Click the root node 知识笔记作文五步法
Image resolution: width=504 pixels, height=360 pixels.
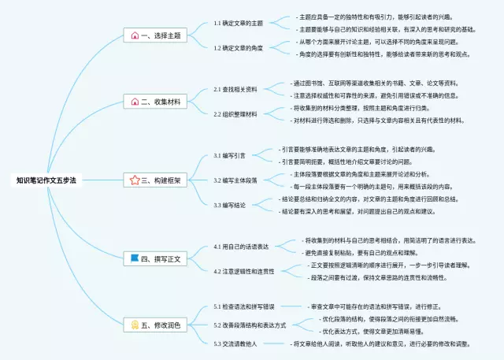point(46,180)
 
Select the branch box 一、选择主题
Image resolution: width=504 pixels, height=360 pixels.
point(157,36)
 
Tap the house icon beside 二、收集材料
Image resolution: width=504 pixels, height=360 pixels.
point(135,102)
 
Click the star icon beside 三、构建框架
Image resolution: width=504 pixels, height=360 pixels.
point(135,180)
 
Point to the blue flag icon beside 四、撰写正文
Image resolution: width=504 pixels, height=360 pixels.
point(135,258)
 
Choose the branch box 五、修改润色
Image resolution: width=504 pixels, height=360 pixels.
point(157,324)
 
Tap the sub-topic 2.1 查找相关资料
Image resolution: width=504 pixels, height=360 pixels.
point(235,90)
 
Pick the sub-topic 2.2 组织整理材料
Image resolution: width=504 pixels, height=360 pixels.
point(235,114)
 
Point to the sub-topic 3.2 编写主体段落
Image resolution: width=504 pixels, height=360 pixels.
point(235,180)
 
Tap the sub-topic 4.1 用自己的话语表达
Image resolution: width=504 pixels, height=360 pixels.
point(242,247)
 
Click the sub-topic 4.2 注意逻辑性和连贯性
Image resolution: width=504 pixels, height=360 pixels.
point(244,271)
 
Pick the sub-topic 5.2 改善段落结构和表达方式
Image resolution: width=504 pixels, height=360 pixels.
point(250,325)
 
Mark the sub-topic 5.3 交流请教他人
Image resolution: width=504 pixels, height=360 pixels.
point(236,343)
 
